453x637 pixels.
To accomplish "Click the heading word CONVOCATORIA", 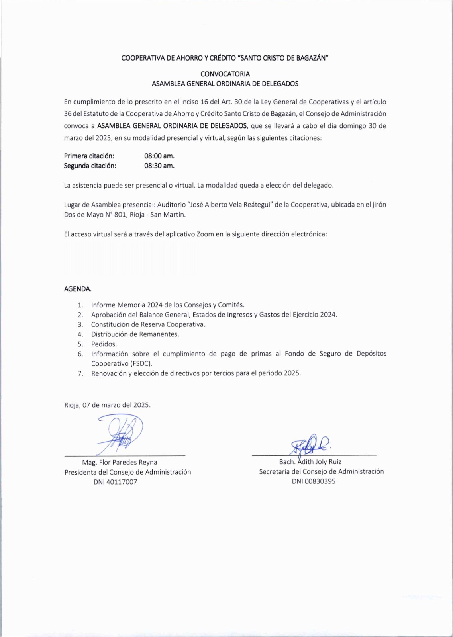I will pyautogui.click(x=225, y=74).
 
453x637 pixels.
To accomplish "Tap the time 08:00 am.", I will pyautogui.click(x=159, y=156).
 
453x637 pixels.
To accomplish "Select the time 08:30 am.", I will pyautogui.click(x=159, y=166).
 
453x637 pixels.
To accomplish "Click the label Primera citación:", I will pyautogui.click(x=89, y=156).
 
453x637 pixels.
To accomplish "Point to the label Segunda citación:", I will pyautogui.click(x=90, y=166).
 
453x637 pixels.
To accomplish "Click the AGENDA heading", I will pyautogui.click(x=78, y=289).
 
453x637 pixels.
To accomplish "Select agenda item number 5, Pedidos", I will pyautogui.click(x=104, y=344).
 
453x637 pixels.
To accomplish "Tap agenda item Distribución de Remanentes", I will pyautogui.click(x=135, y=334).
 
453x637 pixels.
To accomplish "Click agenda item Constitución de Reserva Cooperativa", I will pyautogui.click(x=148, y=324).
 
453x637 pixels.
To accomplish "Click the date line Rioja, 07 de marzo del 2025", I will pyautogui.click(x=108, y=405).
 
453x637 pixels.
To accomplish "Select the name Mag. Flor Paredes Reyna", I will pyautogui.click(x=120, y=462).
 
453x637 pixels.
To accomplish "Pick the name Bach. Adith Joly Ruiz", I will pyautogui.click(x=310, y=462).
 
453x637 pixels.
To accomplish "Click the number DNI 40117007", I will pyautogui.click(x=115, y=482).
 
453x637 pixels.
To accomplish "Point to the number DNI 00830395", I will pyautogui.click(x=314, y=481).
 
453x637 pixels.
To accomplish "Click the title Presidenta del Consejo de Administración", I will pyautogui.click(x=128, y=472).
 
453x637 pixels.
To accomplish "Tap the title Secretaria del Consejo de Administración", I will pyautogui.click(x=322, y=471).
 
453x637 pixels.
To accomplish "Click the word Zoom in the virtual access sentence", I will pyautogui.click(x=205, y=234).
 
